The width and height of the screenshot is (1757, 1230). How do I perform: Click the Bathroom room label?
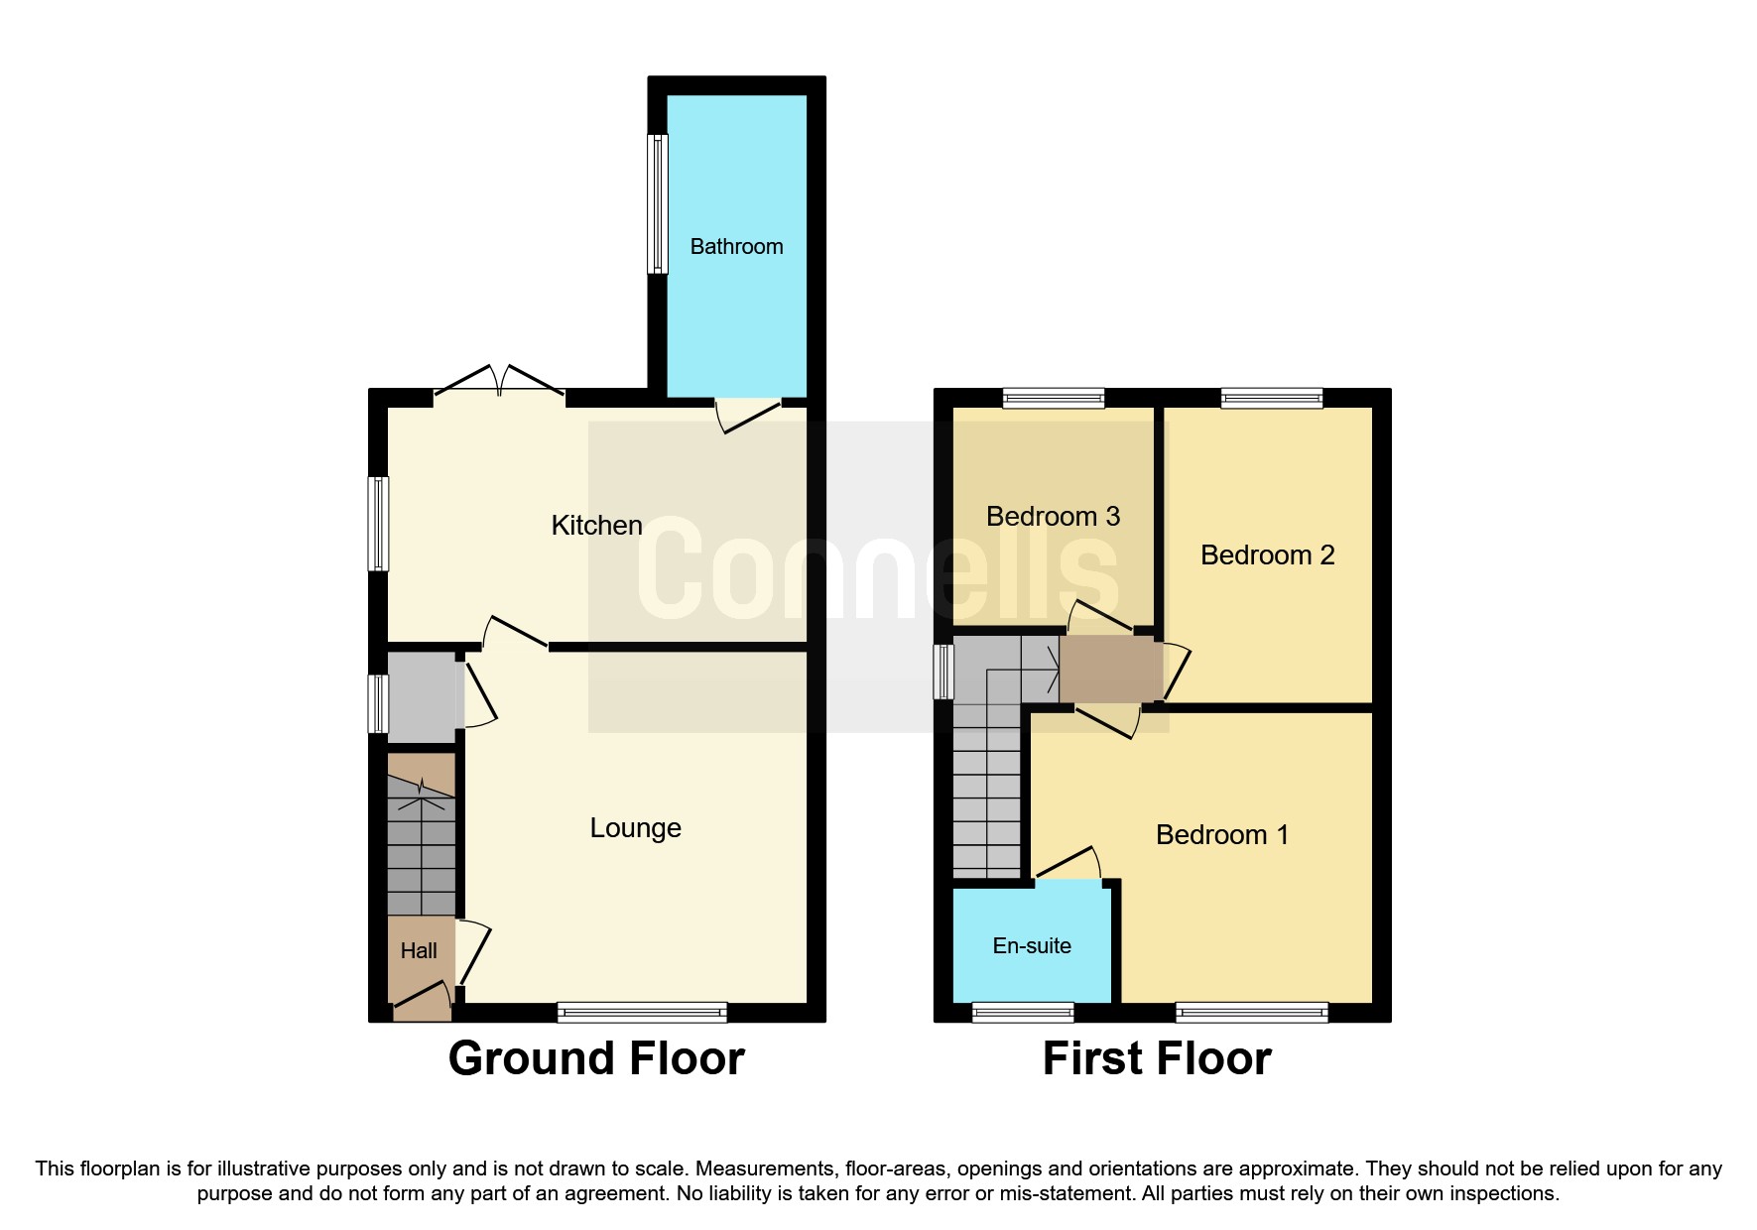[x=736, y=246]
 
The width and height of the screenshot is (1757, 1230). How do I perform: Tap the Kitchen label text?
[x=596, y=525]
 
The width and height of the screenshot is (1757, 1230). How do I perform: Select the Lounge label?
[x=635, y=827]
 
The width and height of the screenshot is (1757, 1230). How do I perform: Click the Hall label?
[x=419, y=950]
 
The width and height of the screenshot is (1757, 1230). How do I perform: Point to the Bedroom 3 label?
[x=1053, y=516]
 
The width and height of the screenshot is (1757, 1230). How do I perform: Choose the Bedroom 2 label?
[x=1267, y=554]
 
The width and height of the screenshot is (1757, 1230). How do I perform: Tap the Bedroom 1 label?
[x=1222, y=834]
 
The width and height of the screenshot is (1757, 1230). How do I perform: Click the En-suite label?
[x=1032, y=945]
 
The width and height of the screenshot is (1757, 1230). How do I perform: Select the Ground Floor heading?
[x=596, y=1057]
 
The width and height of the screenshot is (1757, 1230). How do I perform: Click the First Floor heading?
[x=1157, y=1057]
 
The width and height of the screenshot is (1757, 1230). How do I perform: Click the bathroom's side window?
[x=657, y=203]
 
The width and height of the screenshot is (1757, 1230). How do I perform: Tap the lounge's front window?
[x=642, y=1012]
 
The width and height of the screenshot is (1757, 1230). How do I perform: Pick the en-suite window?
[x=1023, y=1012]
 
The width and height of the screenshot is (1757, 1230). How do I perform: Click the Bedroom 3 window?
[x=1053, y=398]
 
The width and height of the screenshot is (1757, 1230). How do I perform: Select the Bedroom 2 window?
[x=1272, y=398]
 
